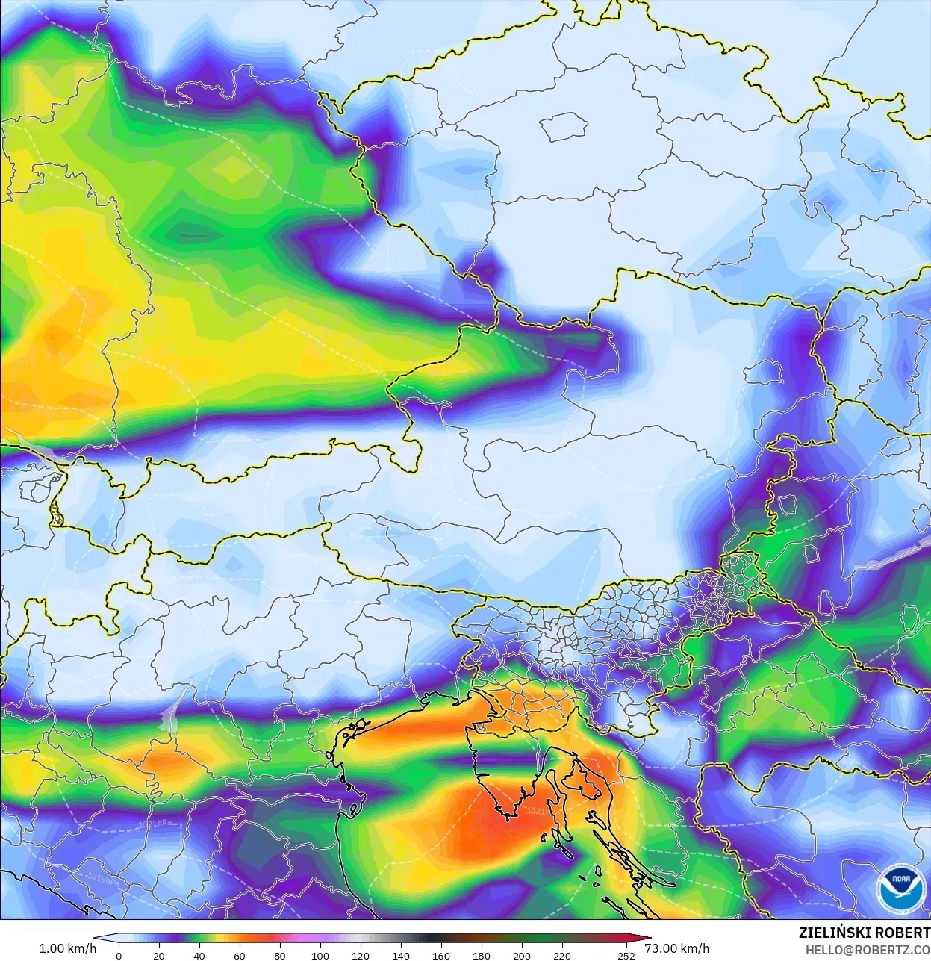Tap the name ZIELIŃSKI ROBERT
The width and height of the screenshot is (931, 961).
click(x=864, y=933)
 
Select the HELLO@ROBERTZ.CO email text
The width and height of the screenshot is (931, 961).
click(x=868, y=950)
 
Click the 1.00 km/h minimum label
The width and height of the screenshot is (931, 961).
click(x=67, y=948)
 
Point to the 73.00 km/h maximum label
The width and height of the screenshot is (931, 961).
click(x=676, y=948)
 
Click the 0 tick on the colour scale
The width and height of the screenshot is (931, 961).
click(x=119, y=955)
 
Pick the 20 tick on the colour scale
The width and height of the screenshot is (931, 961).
click(x=158, y=955)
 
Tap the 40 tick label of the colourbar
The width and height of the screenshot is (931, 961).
click(x=199, y=955)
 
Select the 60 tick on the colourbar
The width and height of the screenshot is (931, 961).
click(x=239, y=955)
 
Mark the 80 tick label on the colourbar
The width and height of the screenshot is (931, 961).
click(x=279, y=955)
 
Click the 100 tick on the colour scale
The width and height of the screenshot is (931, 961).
click(x=320, y=955)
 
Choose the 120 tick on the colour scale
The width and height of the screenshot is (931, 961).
click(x=360, y=955)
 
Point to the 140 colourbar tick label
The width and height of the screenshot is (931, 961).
click(x=400, y=955)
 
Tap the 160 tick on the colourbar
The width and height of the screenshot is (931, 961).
click(x=440, y=955)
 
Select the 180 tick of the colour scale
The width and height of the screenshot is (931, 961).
click(x=481, y=955)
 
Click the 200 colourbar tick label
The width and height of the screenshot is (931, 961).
click(x=521, y=955)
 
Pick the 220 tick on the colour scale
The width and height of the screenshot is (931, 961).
click(x=561, y=955)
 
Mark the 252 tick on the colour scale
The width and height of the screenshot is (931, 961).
click(x=626, y=955)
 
